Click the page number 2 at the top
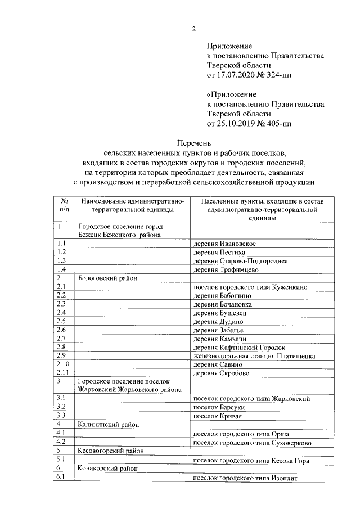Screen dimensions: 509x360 [194, 29]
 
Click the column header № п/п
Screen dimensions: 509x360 [64, 205]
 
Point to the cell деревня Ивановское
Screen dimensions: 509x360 [224, 243]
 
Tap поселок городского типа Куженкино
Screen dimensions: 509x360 [250, 287]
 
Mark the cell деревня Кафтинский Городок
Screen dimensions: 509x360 [239, 348]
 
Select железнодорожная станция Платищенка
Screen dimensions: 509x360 [254, 356]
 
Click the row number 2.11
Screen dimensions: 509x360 [64, 373]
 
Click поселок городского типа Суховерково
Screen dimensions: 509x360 [252, 443]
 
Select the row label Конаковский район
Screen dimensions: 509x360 [108, 469]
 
